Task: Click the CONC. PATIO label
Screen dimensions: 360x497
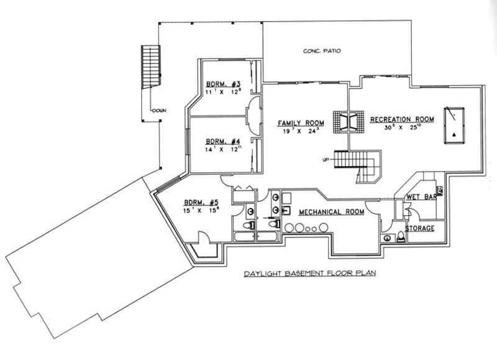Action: [322, 51]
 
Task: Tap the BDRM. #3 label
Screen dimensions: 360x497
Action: [219, 85]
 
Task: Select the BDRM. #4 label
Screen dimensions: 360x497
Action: [219, 141]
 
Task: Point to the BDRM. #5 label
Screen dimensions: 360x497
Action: [201, 202]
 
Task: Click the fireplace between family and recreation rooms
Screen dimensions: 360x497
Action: [347, 121]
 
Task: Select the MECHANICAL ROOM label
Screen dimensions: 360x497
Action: [331, 212]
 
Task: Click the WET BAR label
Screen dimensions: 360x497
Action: [421, 197]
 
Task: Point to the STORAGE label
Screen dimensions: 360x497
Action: [420, 228]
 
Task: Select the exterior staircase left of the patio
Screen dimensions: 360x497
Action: [151, 67]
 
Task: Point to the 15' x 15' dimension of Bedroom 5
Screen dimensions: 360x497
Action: [201, 210]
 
